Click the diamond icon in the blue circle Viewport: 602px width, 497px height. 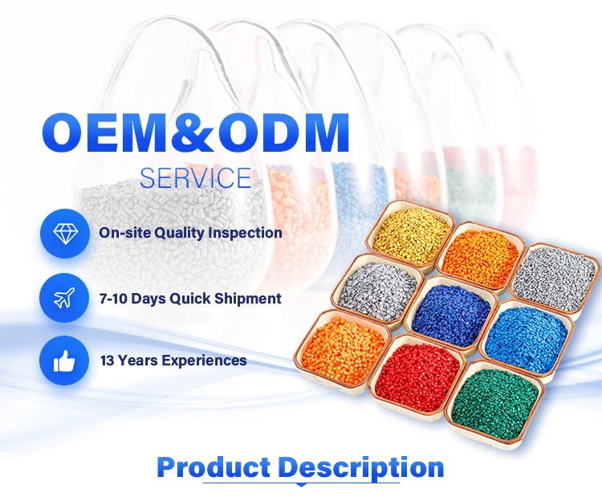click(x=65, y=233)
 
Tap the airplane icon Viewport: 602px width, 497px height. click(x=64, y=298)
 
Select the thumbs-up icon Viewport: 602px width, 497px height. click(x=64, y=361)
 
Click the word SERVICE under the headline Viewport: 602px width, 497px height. click(x=195, y=177)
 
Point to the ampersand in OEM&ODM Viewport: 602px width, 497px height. click(x=191, y=132)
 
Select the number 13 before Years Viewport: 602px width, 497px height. click(x=107, y=361)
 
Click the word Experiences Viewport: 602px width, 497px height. click(x=204, y=361)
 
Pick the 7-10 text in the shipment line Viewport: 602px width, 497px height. click(x=113, y=299)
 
